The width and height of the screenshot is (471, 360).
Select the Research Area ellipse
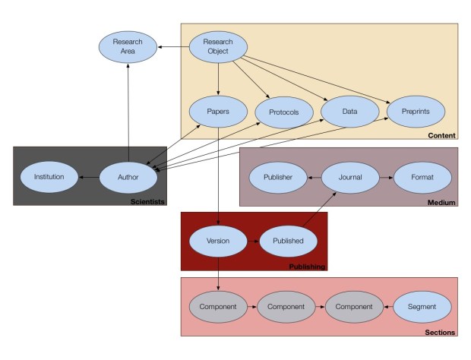pos(128,47)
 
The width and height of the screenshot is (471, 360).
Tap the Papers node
pos(218,111)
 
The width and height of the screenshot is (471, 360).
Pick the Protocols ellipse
pos(283,112)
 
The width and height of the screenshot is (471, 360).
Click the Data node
pos(349,111)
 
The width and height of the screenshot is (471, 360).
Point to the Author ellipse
pos(128,178)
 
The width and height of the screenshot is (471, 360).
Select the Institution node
pos(49,178)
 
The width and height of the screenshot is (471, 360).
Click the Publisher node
pos(279,177)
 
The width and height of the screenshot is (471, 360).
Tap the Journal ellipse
pos(349,177)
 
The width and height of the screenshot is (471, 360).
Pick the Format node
pos(421,177)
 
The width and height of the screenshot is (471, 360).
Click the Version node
pos(218,241)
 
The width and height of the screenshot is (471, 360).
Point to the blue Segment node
pos(422,307)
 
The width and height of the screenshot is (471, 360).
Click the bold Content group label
pos(442,135)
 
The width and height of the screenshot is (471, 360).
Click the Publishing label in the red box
pos(307,267)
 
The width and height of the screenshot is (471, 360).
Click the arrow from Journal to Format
pos(385,177)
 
